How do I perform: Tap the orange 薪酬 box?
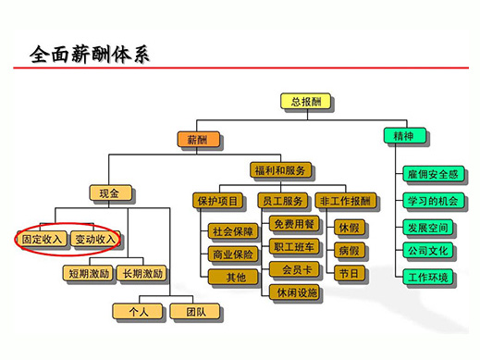coord(197,139)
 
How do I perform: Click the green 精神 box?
coord(404,136)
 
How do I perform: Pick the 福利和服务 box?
coord(281,171)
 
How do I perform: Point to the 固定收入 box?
coord(43,239)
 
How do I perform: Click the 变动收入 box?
coord(95,239)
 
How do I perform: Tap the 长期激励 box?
coord(143,273)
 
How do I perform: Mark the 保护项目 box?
coord(217,201)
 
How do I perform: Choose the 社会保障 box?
coord(232,231)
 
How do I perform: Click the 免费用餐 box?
coord(293,225)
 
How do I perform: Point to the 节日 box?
coord(350,274)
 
